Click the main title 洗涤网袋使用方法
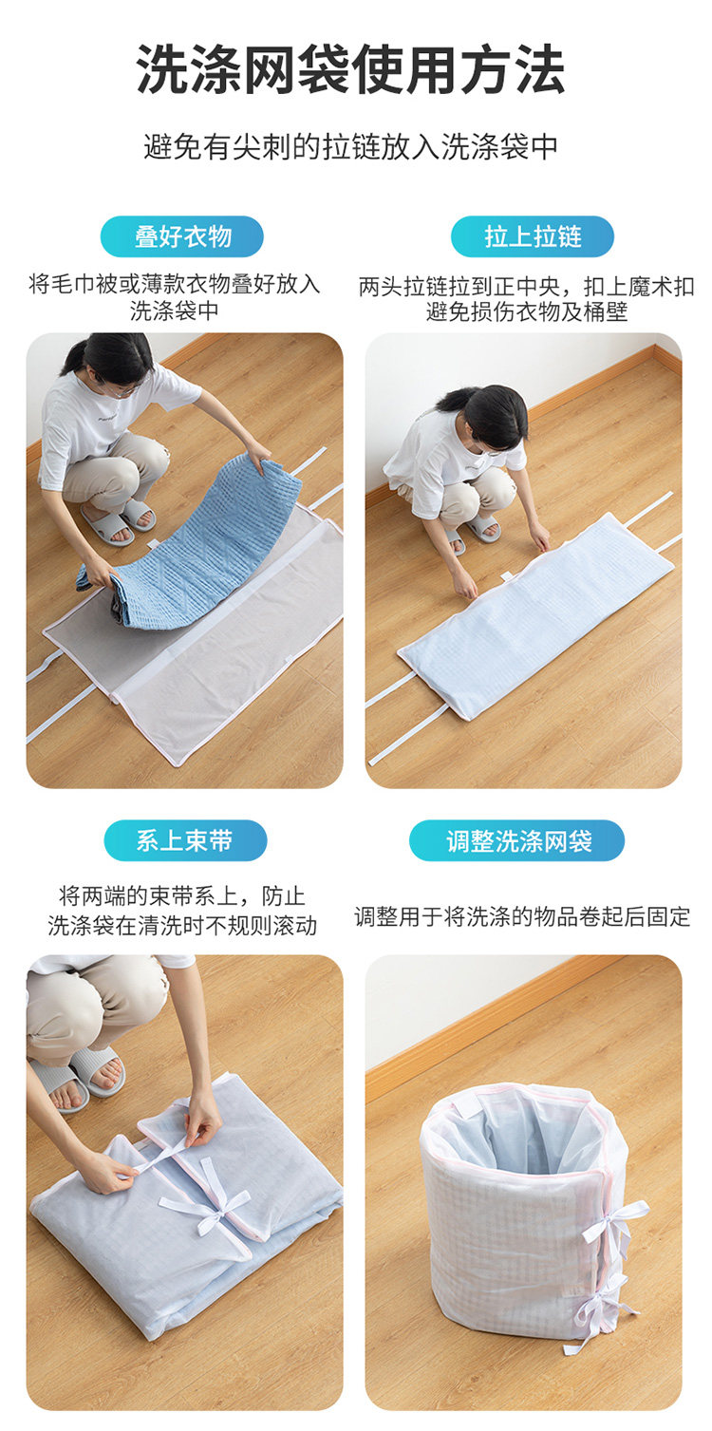pyautogui.click(x=350, y=69)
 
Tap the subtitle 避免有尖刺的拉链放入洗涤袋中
pyautogui.click(x=350, y=147)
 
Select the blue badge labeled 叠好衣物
pyautogui.click(x=182, y=236)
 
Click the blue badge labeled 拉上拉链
pyautogui.click(x=533, y=236)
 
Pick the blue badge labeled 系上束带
pyautogui.click(x=185, y=840)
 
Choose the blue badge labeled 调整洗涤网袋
pyautogui.click(x=516, y=840)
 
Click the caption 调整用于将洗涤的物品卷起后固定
pyautogui.click(x=522, y=916)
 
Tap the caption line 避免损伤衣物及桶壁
pyautogui.click(x=527, y=312)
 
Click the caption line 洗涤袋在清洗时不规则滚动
pyautogui.click(x=182, y=925)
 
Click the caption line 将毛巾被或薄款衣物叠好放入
pyautogui.click(x=175, y=284)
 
